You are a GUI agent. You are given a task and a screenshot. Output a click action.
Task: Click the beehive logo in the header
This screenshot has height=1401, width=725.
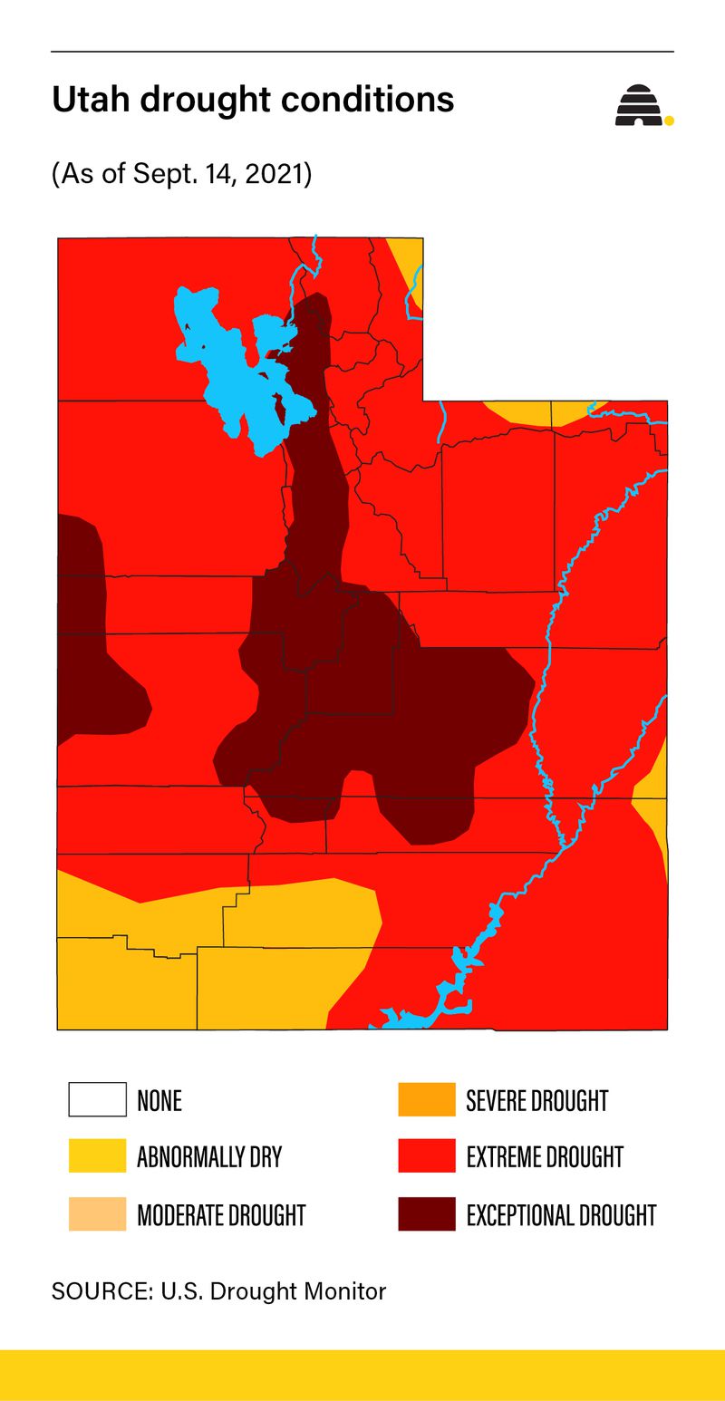[639, 106]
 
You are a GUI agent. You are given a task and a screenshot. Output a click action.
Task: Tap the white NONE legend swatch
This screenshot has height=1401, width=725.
[97, 1099]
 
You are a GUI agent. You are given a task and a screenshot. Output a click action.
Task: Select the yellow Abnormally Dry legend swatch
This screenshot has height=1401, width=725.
[97, 1156]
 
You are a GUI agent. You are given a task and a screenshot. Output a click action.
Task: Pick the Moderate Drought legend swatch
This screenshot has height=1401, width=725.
[97, 1213]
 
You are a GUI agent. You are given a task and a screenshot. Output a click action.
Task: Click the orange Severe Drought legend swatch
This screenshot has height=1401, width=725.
[426, 1099]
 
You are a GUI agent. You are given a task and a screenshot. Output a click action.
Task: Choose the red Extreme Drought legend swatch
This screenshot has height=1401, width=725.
[426, 1156]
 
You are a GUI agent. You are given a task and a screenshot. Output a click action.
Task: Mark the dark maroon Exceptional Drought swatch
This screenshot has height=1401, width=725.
[426, 1213]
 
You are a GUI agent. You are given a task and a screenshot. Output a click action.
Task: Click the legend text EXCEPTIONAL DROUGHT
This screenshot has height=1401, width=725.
[561, 1214]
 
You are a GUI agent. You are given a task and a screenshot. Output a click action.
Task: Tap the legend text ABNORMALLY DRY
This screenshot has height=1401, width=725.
[209, 1157]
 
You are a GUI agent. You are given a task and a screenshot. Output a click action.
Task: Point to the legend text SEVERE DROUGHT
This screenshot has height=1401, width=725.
[536, 1100]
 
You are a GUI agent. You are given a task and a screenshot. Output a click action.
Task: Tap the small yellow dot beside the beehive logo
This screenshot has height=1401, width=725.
[669, 120]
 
